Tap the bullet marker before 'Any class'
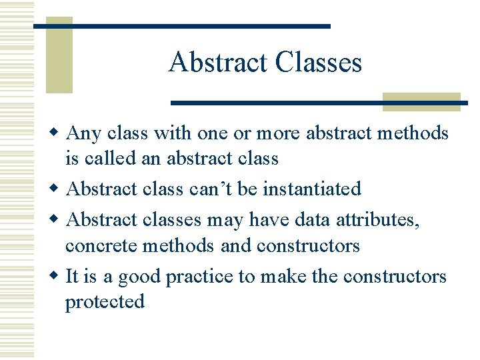tap(58, 133)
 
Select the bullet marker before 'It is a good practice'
tap(58, 277)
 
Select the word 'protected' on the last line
tap(105, 302)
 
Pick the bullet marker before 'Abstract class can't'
tap(58, 189)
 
